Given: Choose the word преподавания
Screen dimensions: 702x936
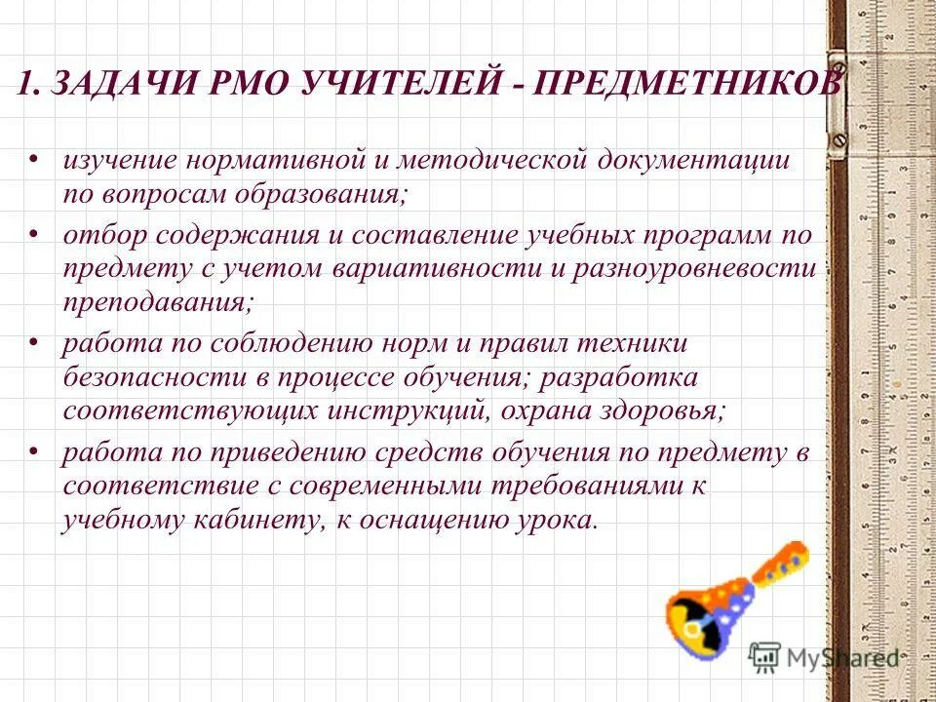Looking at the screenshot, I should (156, 302).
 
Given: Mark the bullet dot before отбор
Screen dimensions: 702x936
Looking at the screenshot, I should (34, 234).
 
